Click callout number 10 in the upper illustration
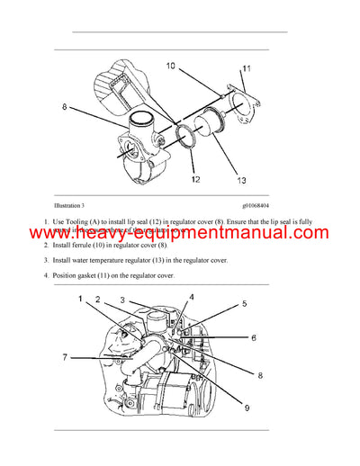[172, 65]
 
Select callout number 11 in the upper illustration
[246, 69]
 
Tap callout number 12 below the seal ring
[196, 178]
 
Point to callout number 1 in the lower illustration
[80, 299]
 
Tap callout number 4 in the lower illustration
[191, 298]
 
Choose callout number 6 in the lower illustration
[253, 337]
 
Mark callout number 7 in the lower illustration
[65, 357]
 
